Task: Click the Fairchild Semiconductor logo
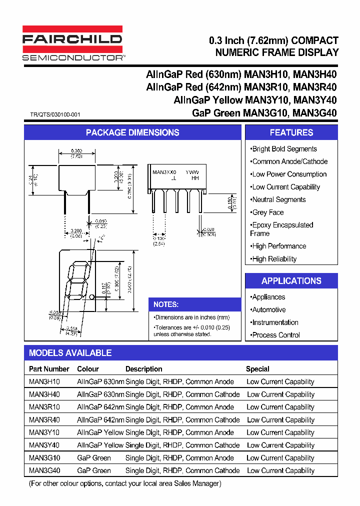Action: click(x=73, y=44)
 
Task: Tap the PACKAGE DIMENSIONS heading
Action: click(x=132, y=132)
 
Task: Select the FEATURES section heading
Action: click(x=291, y=132)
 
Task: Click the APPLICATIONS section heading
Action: click(x=291, y=281)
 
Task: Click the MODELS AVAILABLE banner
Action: click(x=70, y=353)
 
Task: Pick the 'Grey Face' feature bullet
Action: click(x=267, y=212)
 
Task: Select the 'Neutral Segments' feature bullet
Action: click(x=278, y=199)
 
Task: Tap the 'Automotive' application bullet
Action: click(x=268, y=310)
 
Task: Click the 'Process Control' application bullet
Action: click(x=275, y=335)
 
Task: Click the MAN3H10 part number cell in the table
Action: click(x=44, y=382)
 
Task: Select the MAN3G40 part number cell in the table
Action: click(x=44, y=470)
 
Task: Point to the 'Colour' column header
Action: click(x=88, y=369)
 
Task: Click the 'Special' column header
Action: click(x=257, y=369)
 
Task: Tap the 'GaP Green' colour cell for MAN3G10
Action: click(x=94, y=458)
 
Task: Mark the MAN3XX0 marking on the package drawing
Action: click(x=164, y=172)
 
